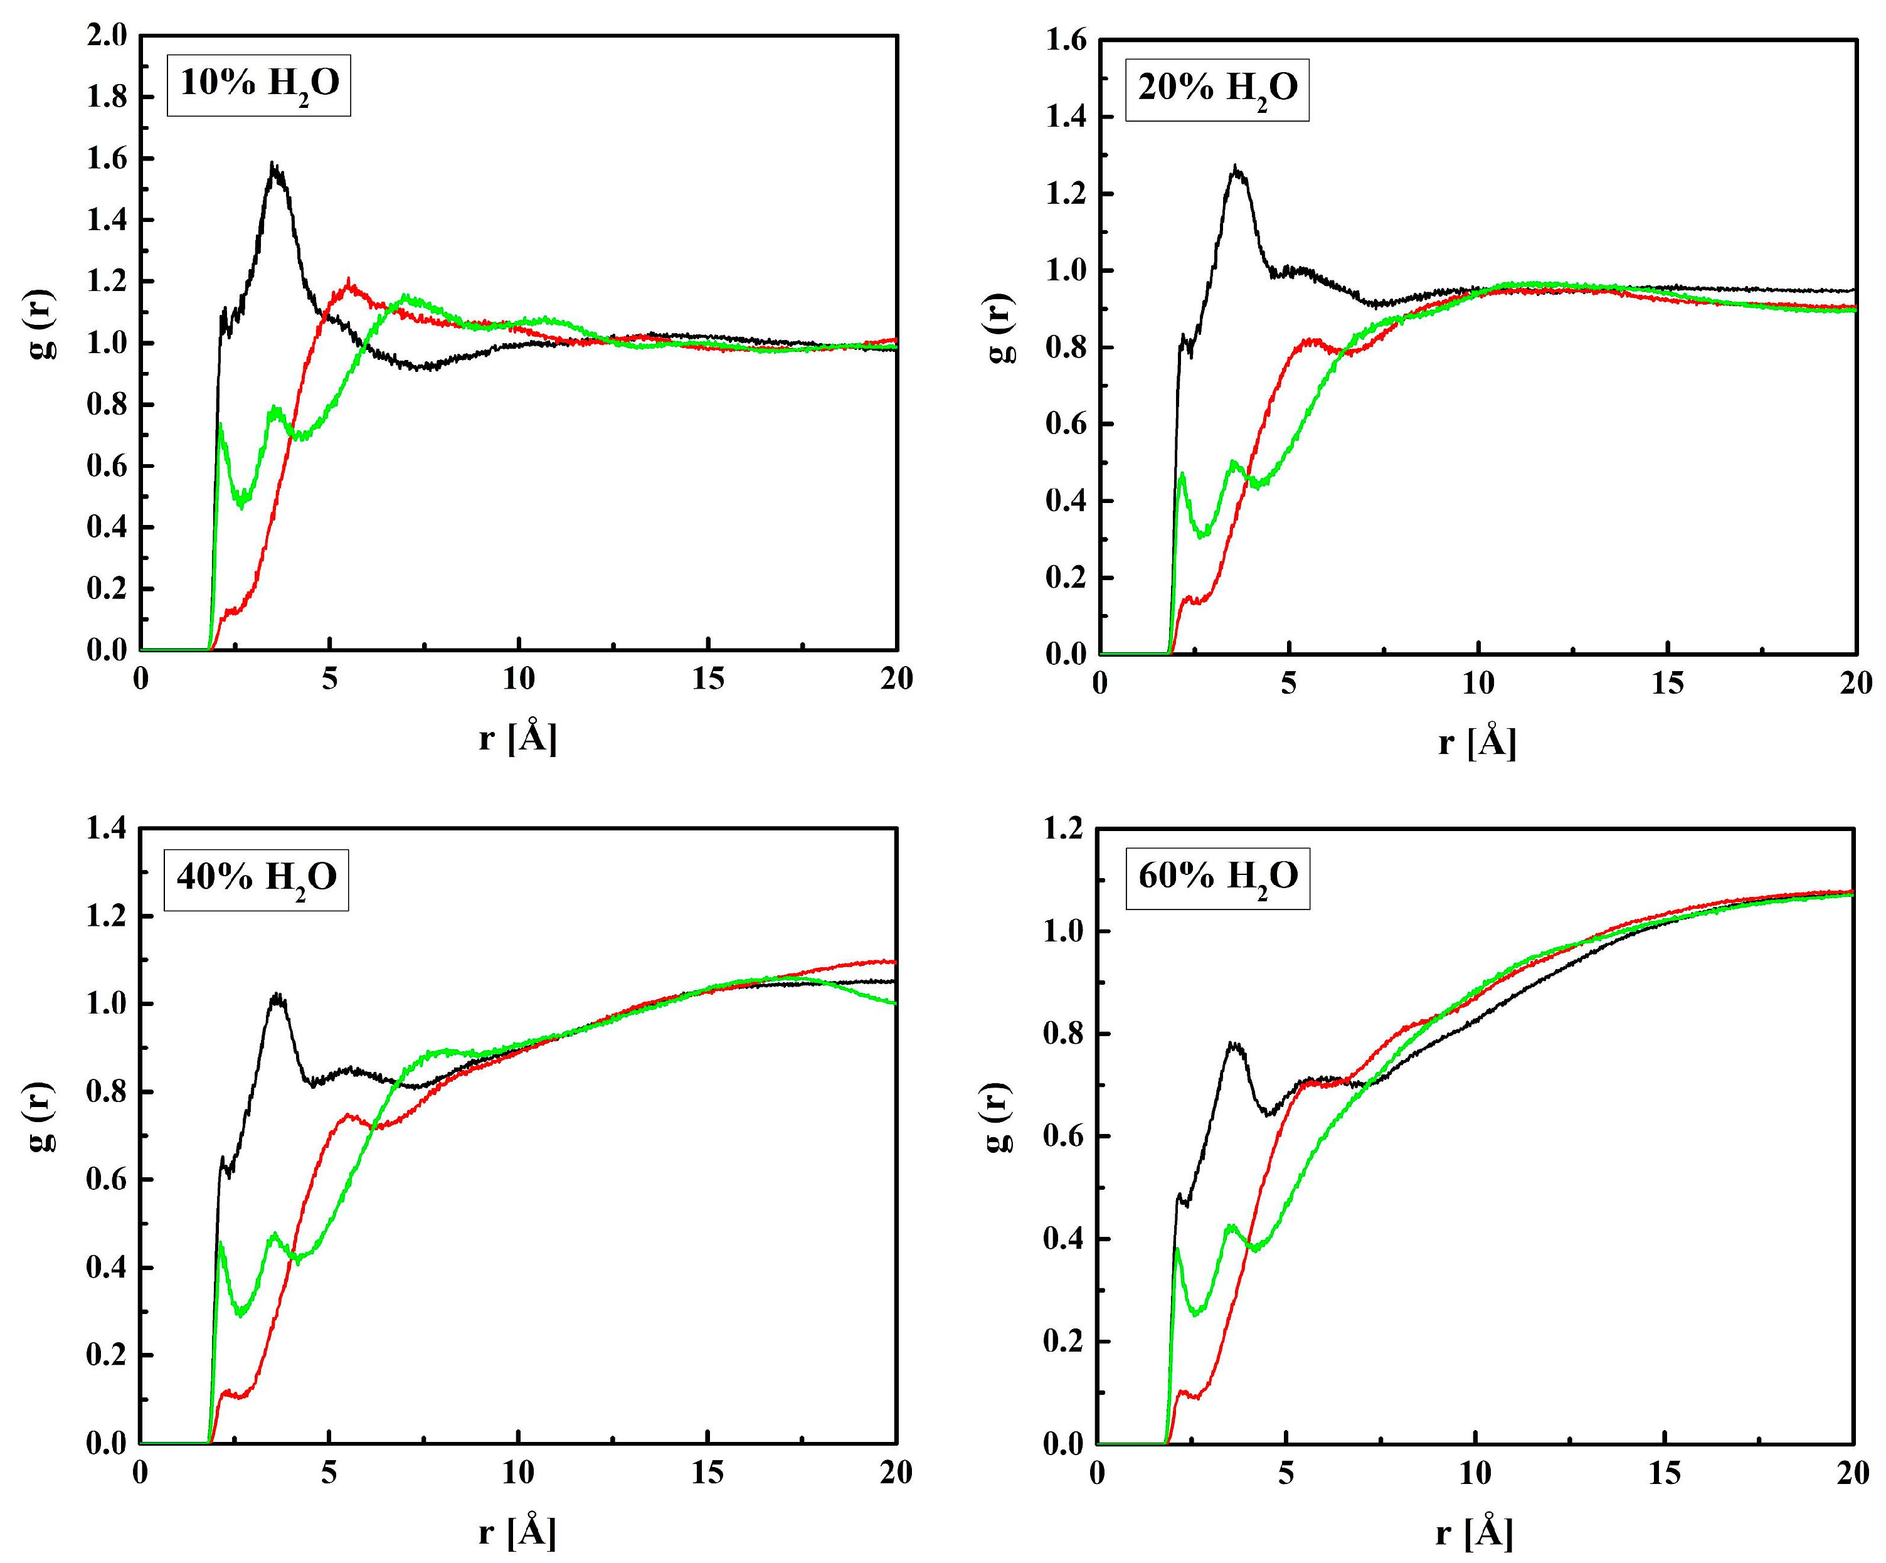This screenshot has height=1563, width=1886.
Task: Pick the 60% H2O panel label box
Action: point(1218,877)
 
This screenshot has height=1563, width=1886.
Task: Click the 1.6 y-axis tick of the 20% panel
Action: point(1066,40)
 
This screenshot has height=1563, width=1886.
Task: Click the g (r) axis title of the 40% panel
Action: point(40,1118)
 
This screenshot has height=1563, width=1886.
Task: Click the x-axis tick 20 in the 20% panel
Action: point(1855,684)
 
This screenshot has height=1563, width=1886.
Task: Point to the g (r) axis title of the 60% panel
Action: point(999,1118)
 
